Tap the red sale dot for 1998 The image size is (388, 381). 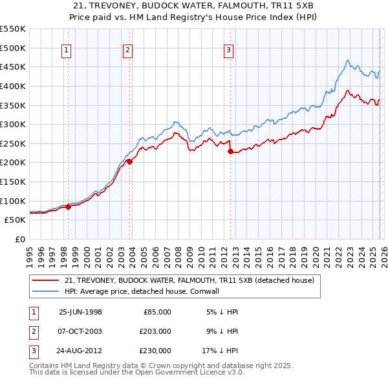click(x=68, y=207)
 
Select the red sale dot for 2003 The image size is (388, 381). click(x=129, y=161)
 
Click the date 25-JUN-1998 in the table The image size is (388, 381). click(x=80, y=312)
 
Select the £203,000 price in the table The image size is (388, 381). click(x=155, y=331)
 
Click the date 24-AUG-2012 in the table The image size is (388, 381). click(x=80, y=351)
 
